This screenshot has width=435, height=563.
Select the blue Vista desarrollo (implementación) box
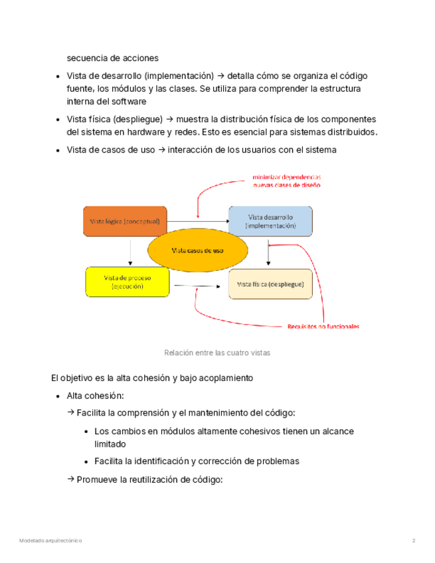point(270,221)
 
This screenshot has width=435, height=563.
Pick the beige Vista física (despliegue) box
point(270,283)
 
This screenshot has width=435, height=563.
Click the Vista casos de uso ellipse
point(197,250)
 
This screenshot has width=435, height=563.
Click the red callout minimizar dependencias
point(286,177)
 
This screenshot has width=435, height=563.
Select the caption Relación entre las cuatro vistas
point(217,353)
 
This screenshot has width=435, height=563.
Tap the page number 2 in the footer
point(413,541)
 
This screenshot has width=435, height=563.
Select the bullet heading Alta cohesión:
point(96,396)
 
